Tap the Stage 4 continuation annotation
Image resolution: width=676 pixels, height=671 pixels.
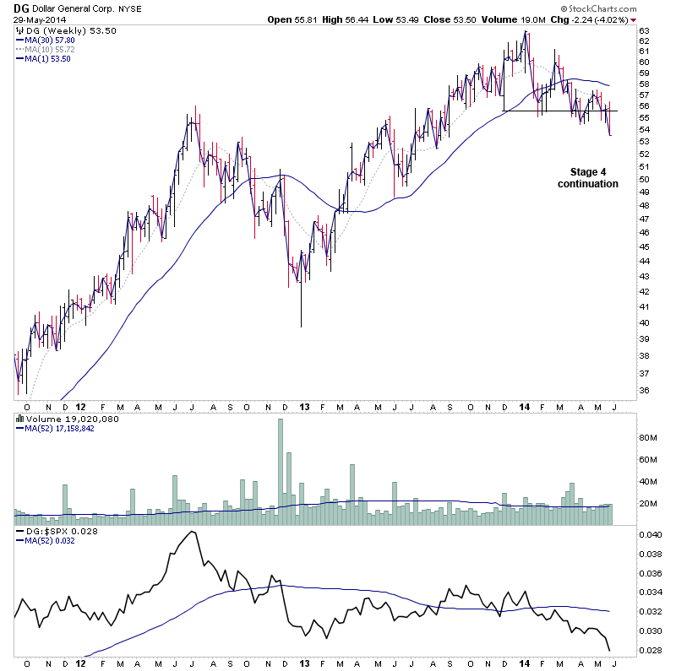588,177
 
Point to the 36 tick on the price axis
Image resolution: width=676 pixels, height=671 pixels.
643,391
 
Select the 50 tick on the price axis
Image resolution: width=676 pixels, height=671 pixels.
643,179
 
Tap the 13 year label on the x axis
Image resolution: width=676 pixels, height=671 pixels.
305,664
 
